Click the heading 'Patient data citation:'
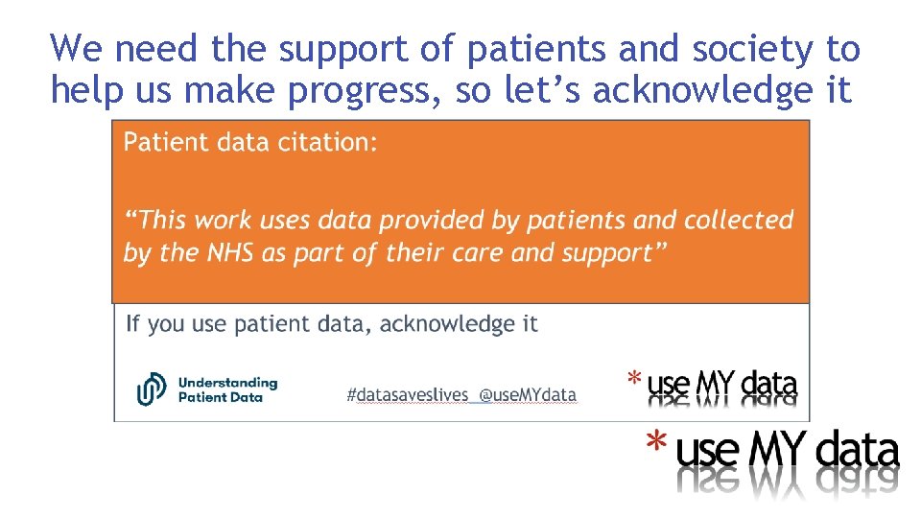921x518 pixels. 250,143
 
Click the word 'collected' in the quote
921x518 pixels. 739,220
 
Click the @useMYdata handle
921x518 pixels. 528,394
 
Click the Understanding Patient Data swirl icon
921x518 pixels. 152,388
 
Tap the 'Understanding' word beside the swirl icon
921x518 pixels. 227,382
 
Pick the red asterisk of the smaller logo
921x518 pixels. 634,379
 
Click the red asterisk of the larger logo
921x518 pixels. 656,442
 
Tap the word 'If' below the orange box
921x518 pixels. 133,324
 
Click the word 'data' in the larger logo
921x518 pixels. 857,450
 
